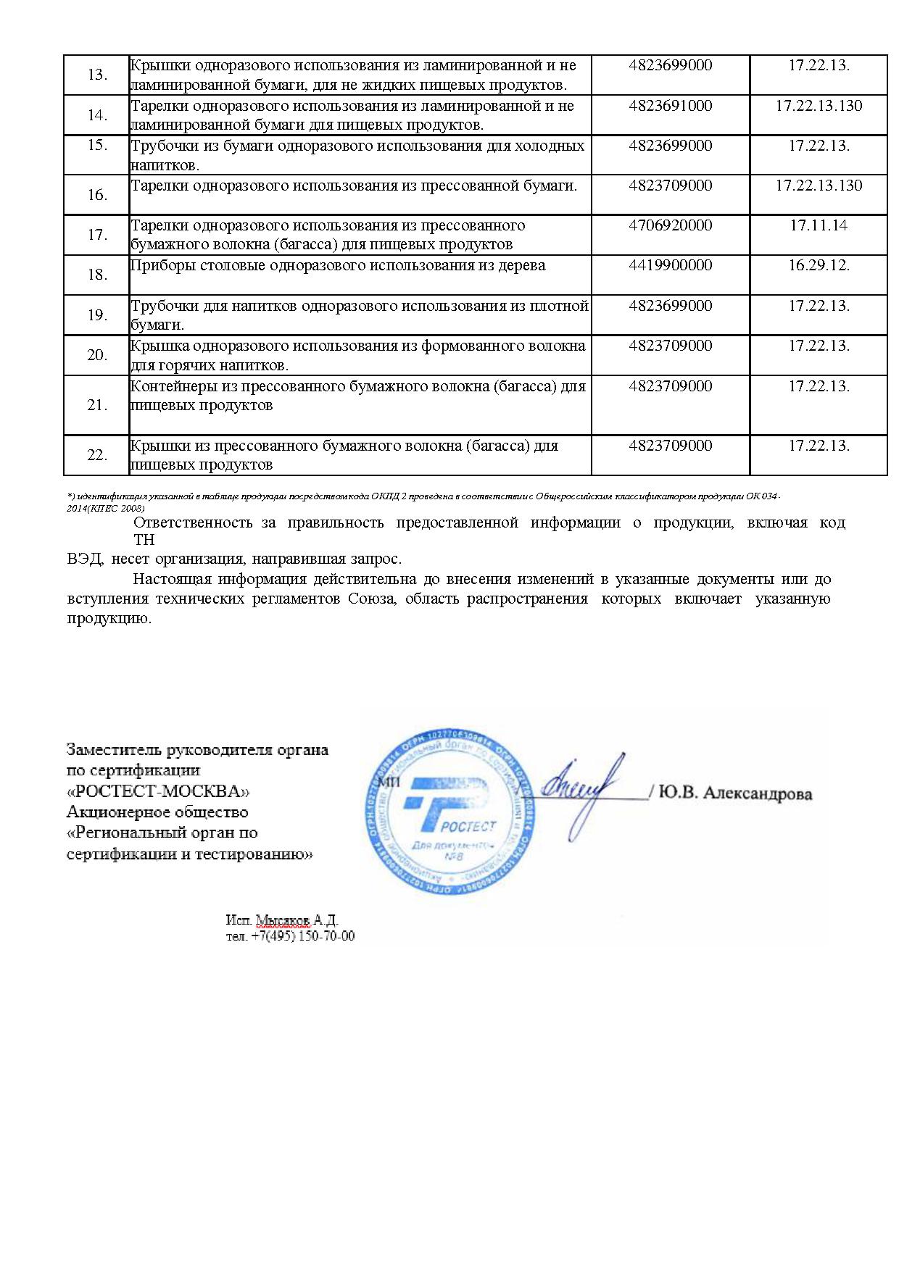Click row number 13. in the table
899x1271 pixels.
pyautogui.click(x=97, y=75)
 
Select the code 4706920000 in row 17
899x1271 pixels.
pyautogui.click(x=670, y=225)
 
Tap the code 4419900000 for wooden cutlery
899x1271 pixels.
pyautogui.click(x=670, y=265)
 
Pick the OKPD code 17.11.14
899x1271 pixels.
pyautogui.click(x=819, y=225)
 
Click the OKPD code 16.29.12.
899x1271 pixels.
pyautogui.click(x=819, y=265)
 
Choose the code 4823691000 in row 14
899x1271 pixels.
pyautogui.click(x=670, y=106)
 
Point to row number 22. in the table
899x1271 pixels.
pyautogui.click(x=97, y=455)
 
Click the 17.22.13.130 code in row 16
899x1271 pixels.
pyautogui.click(x=819, y=186)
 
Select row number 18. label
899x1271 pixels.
pyautogui.click(x=97, y=275)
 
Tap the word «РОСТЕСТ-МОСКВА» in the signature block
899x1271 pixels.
pyautogui.click(x=158, y=791)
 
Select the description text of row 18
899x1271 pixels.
pyautogui.click(x=338, y=265)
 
